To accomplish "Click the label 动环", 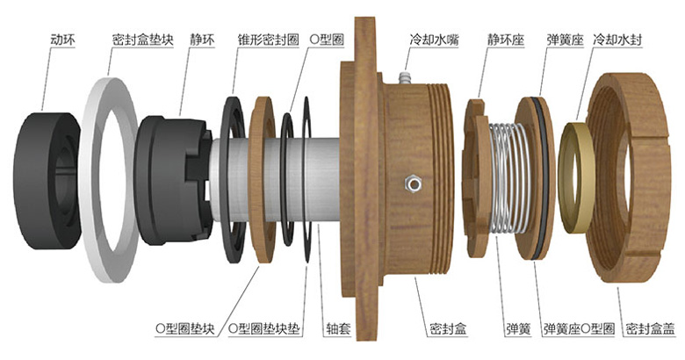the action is (63, 40).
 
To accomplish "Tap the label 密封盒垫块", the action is (143, 40).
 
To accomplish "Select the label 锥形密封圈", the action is (268, 40).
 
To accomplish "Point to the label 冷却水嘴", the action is (434, 40).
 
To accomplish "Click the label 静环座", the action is (506, 40).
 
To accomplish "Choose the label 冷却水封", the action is (617, 40).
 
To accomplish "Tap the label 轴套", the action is (339, 328).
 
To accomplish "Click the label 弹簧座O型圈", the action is (580, 328).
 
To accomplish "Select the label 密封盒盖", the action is (650, 328).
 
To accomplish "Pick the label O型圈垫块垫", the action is (264, 328).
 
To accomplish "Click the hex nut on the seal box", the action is (413, 184).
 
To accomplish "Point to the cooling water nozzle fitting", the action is (406, 77).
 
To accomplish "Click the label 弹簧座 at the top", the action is (565, 40).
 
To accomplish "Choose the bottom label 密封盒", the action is (448, 328).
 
